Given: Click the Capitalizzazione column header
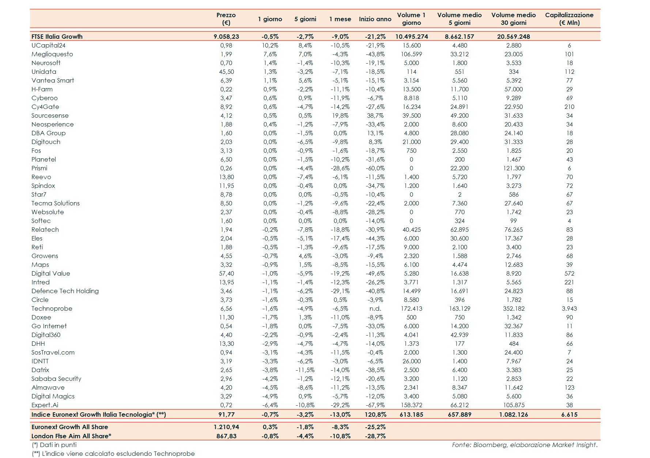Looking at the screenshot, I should click(x=569, y=19).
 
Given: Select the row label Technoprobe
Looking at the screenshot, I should click(x=52, y=309).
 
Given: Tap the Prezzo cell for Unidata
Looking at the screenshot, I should click(x=226, y=72).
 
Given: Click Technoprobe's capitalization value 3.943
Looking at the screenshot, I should click(x=569, y=309).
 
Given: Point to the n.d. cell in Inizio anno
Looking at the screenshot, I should click(x=375, y=309).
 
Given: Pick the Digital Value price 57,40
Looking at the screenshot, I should click(x=226, y=273).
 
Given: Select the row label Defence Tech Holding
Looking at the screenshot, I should click(x=65, y=291).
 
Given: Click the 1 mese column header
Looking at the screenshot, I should click(x=340, y=19).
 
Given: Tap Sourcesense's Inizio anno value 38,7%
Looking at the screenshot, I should click(x=375, y=116).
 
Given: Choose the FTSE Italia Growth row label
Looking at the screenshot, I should click(x=57, y=37).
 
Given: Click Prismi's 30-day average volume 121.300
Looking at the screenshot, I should click(x=513, y=168).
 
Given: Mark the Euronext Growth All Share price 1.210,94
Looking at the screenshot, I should click(x=226, y=427).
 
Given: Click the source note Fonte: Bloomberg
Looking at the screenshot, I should click(x=524, y=445).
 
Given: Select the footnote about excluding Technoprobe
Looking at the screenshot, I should click(x=113, y=454).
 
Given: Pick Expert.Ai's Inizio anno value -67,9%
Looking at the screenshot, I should click(x=375, y=405).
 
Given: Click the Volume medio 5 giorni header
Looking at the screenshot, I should click(x=459, y=19).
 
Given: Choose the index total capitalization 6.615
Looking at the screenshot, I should click(x=569, y=415).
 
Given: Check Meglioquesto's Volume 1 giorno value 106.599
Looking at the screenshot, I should click(x=411, y=54).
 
